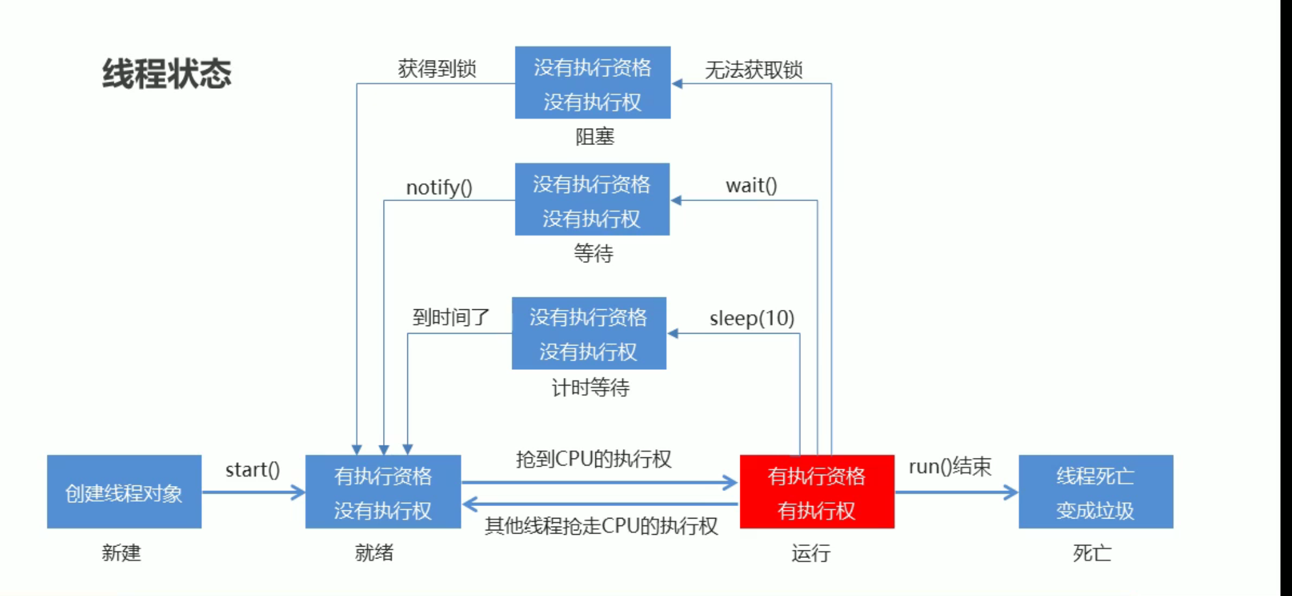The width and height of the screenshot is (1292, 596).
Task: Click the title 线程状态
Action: [167, 74]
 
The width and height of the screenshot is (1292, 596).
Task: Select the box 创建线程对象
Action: [124, 492]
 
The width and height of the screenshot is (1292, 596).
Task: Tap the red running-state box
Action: [817, 492]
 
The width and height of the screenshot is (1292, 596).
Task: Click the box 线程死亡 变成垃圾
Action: [1095, 492]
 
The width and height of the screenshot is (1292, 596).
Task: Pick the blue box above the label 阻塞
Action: [592, 82]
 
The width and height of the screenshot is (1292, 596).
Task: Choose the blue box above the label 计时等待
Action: [589, 334]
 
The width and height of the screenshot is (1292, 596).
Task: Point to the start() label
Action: [252, 470]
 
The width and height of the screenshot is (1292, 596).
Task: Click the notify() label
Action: [439, 187]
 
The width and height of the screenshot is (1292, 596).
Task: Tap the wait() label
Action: [751, 186]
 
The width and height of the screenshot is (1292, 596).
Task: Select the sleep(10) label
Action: [752, 319]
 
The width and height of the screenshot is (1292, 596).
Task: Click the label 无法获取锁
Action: [753, 70]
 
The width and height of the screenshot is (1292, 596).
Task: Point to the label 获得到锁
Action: [437, 69]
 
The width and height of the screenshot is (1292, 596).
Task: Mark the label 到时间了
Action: [450, 317]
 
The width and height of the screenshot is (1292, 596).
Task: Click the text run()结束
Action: [950, 467]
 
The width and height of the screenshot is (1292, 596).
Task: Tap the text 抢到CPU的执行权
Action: [594, 459]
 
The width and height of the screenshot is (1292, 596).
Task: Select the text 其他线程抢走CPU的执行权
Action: [601, 526]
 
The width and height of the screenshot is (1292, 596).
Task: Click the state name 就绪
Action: [374, 553]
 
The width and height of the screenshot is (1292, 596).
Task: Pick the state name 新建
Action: [121, 553]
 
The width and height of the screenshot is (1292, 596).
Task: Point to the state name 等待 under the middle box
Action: [593, 254]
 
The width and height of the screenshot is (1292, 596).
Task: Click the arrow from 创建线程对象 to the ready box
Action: [253, 492]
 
